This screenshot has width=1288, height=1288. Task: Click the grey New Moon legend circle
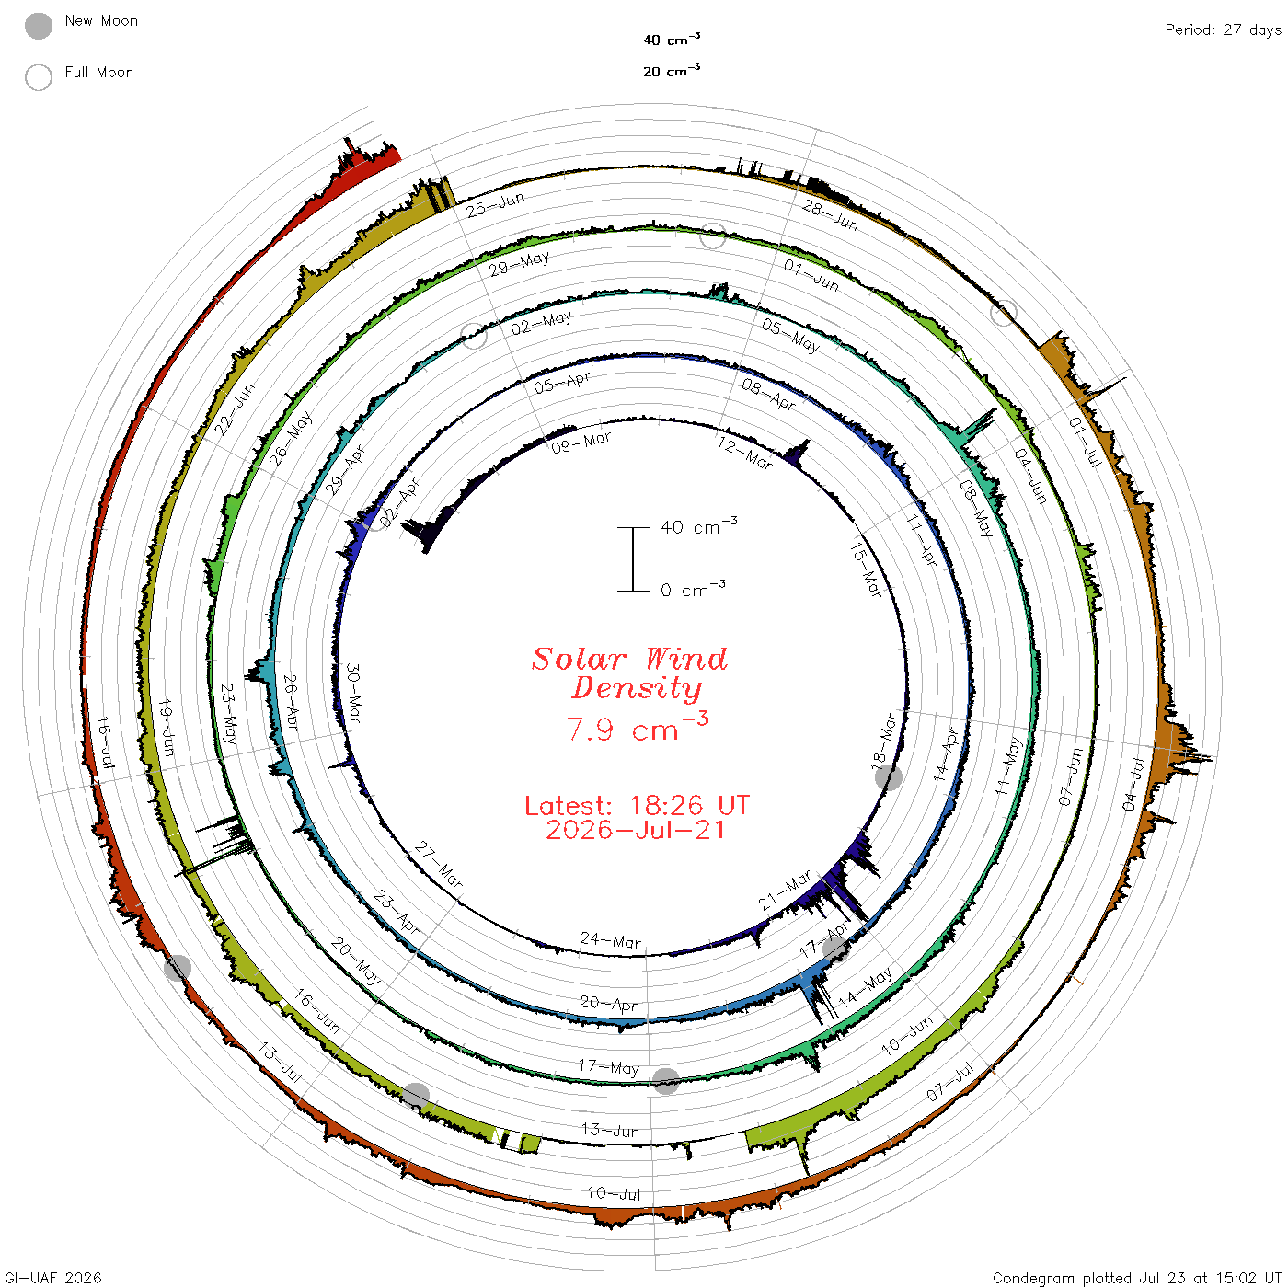(39, 26)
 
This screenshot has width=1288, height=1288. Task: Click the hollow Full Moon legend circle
(39, 77)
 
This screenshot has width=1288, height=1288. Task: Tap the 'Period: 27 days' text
(1223, 30)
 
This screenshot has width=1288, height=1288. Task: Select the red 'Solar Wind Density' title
(629, 673)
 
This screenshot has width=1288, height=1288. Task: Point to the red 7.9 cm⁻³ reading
(637, 727)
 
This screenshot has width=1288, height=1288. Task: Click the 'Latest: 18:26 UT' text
(637, 805)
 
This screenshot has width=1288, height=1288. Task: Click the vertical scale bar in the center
(633, 558)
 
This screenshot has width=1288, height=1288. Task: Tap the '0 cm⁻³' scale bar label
(693, 589)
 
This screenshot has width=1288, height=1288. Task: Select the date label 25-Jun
(495, 204)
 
